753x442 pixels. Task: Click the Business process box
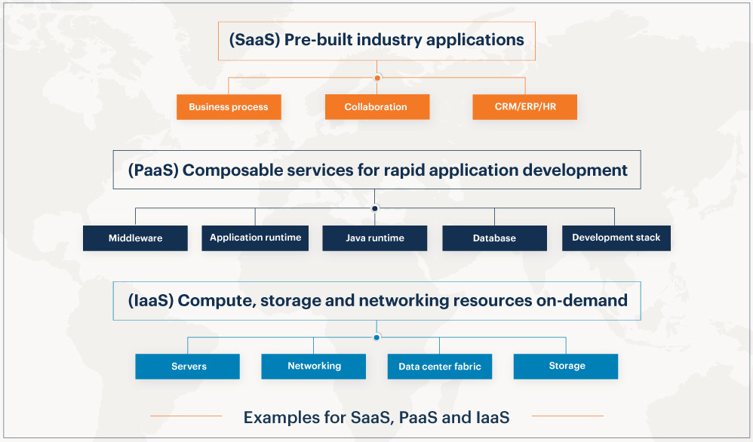coord(229,107)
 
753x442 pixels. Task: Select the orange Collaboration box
coord(377,107)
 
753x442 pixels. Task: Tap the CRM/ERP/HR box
coord(524,107)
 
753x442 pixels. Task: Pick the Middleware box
coord(135,238)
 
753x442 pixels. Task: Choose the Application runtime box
coord(255,238)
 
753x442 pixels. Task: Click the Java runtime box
coord(374,238)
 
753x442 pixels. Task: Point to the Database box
coord(495,238)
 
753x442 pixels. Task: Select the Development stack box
coord(616,238)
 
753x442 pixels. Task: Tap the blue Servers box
coord(187,367)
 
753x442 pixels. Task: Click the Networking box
coord(314,367)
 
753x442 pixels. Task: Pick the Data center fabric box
coord(439,367)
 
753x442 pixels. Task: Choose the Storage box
coord(566,367)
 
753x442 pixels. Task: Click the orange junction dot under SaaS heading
coord(377,78)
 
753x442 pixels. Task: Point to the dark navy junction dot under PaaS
coord(374,208)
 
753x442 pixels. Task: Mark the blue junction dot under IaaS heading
coord(376,337)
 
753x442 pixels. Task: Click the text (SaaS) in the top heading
coord(254,40)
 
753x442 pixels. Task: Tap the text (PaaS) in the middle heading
coord(153,170)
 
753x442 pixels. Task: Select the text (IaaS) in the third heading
coord(151,301)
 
